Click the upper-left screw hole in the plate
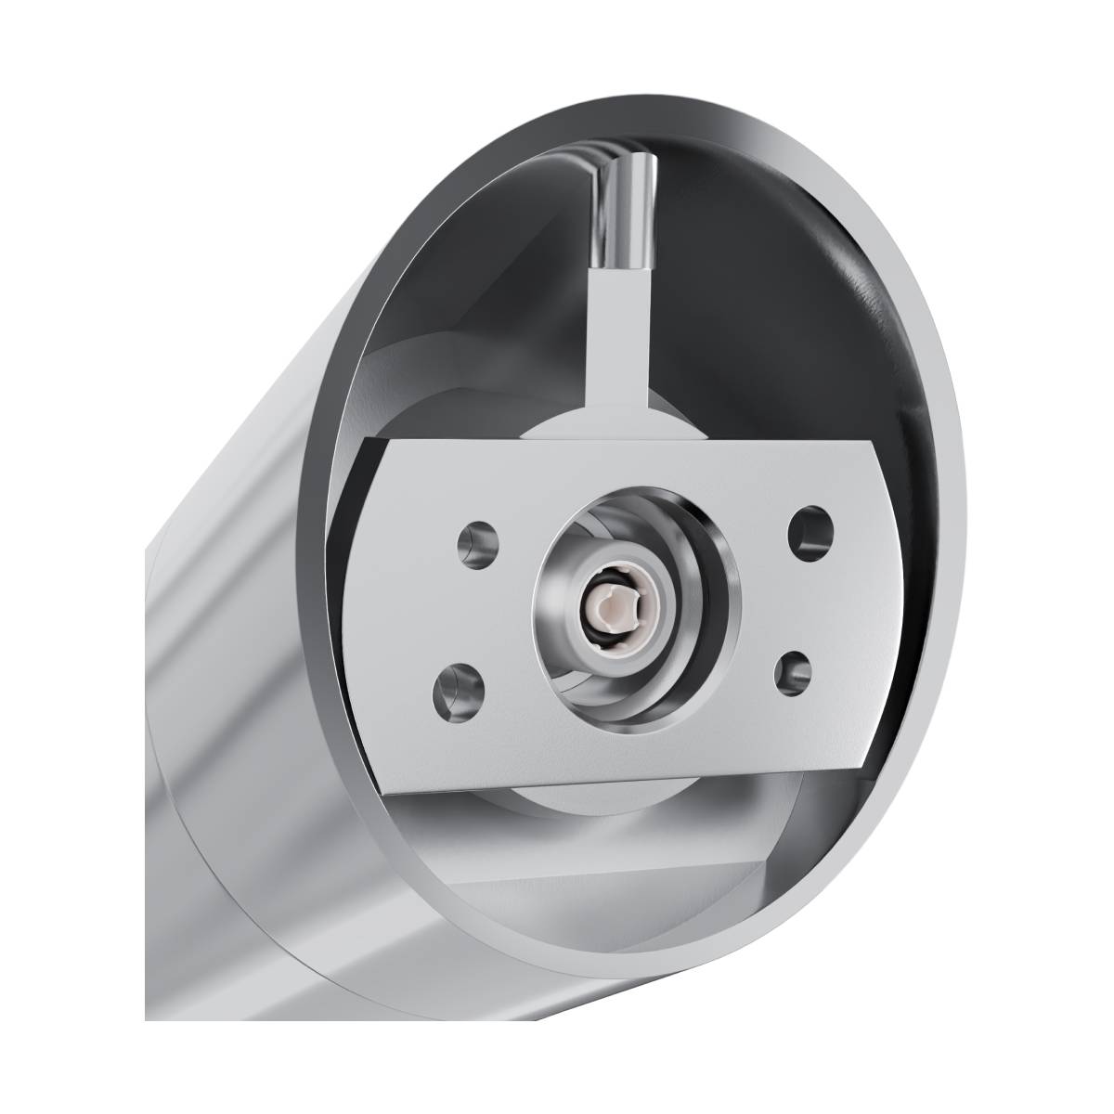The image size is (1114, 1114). point(480,541)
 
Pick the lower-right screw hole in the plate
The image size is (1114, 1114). point(792,671)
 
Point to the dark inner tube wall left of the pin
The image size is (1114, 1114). point(464,306)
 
